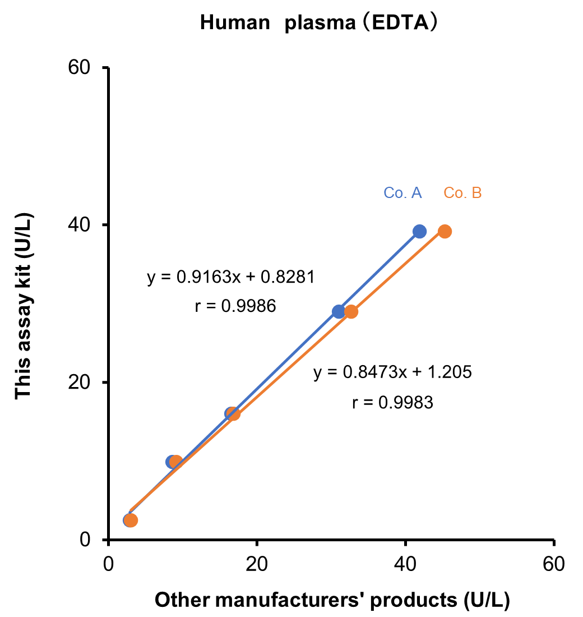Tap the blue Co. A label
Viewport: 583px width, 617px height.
coord(402,193)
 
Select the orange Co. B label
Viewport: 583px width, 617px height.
coord(462,193)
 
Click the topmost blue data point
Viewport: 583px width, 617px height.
coord(419,231)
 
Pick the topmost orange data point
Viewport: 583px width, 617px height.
coord(445,231)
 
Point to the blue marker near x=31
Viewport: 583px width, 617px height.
coord(339,311)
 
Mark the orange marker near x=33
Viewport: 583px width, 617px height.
coord(351,311)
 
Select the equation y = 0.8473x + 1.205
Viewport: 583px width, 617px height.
coord(392,372)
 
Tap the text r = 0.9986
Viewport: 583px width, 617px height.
coord(235,306)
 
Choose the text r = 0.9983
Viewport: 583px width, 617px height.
coord(392,402)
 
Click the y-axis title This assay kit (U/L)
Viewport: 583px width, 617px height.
coord(24,306)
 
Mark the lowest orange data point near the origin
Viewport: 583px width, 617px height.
coord(131,521)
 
